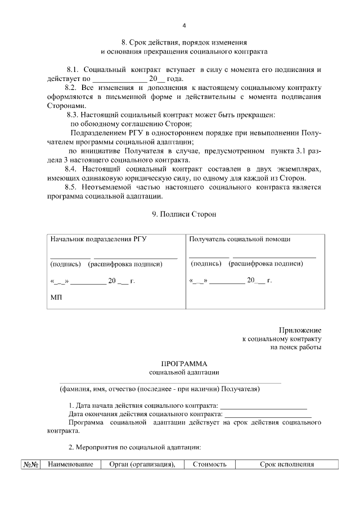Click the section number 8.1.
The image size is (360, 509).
(x=74, y=69)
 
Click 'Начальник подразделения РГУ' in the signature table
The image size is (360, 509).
(x=98, y=239)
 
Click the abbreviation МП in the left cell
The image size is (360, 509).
(x=56, y=298)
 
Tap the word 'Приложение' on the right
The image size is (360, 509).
(x=300, y=330)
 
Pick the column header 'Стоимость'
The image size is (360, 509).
(x=209, y=464)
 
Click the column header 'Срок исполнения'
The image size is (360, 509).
(x=286, y=464)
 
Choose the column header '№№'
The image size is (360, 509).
(x=30, y=464)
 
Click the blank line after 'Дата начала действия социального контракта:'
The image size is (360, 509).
(x=263, y=407)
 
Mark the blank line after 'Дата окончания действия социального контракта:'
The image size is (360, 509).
(x=268, y=415)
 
